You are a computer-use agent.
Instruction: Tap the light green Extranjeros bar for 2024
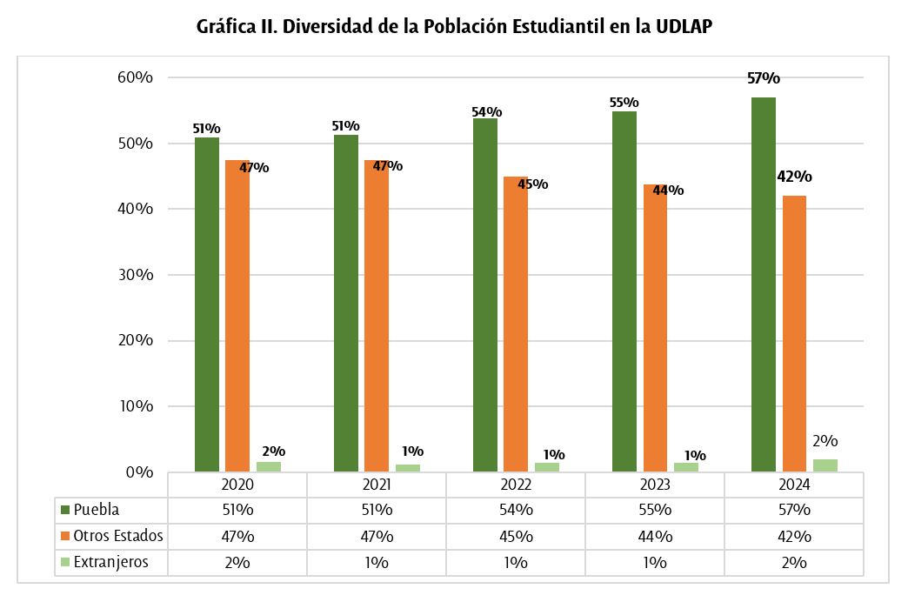(825, 465)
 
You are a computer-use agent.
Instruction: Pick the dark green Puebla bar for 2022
(484, 295)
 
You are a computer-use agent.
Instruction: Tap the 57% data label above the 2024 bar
(763, 78)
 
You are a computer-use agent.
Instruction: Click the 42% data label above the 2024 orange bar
(793, 177)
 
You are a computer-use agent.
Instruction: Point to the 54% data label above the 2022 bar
(486, 111)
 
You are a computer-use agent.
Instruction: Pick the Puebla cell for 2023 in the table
(654, 510)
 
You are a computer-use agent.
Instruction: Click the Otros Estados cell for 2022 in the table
(515, 536)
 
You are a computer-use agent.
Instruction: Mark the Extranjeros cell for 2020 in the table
(237, 562)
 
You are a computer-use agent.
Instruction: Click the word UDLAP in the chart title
(682, 27)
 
